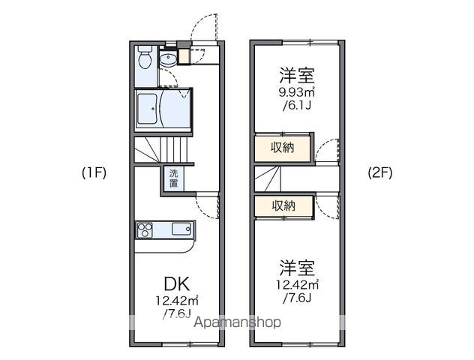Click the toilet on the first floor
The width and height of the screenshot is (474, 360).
(146, 59)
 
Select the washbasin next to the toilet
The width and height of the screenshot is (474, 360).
(167, 58)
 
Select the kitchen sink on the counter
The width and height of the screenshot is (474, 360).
(181, 228)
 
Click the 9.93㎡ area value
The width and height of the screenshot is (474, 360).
(298, 93)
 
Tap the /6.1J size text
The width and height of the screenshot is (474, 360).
(297, 106)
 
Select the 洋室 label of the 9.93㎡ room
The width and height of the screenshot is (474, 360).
(297, 76)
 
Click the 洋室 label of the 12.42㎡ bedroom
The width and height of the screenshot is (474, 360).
(297, 268)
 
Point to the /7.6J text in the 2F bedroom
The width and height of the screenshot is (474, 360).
(297, 298)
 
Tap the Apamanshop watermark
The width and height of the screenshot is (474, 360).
(238, 322)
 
